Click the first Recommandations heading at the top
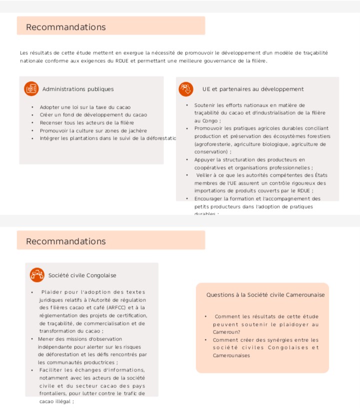[x=65, y=27]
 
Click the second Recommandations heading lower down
[x=65, y=241]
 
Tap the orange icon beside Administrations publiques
[x=31, y=89]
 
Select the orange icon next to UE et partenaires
[x=186, y=89]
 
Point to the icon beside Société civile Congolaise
[x=37, y=275]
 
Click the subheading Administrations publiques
[x=78, y=89]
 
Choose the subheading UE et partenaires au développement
[x=253, y=89]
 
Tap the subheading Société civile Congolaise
[x=82, y=275]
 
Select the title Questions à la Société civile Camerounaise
[x=265, y=295]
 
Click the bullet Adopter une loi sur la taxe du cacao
[x=85, y=107]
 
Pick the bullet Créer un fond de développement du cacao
[x=93, y=115]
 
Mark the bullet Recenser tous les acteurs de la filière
[x=87, y=122]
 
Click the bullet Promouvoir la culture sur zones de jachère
[x=93, y=130]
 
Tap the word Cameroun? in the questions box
[x=226, y=332]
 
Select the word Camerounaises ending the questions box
[x=231, y=356]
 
